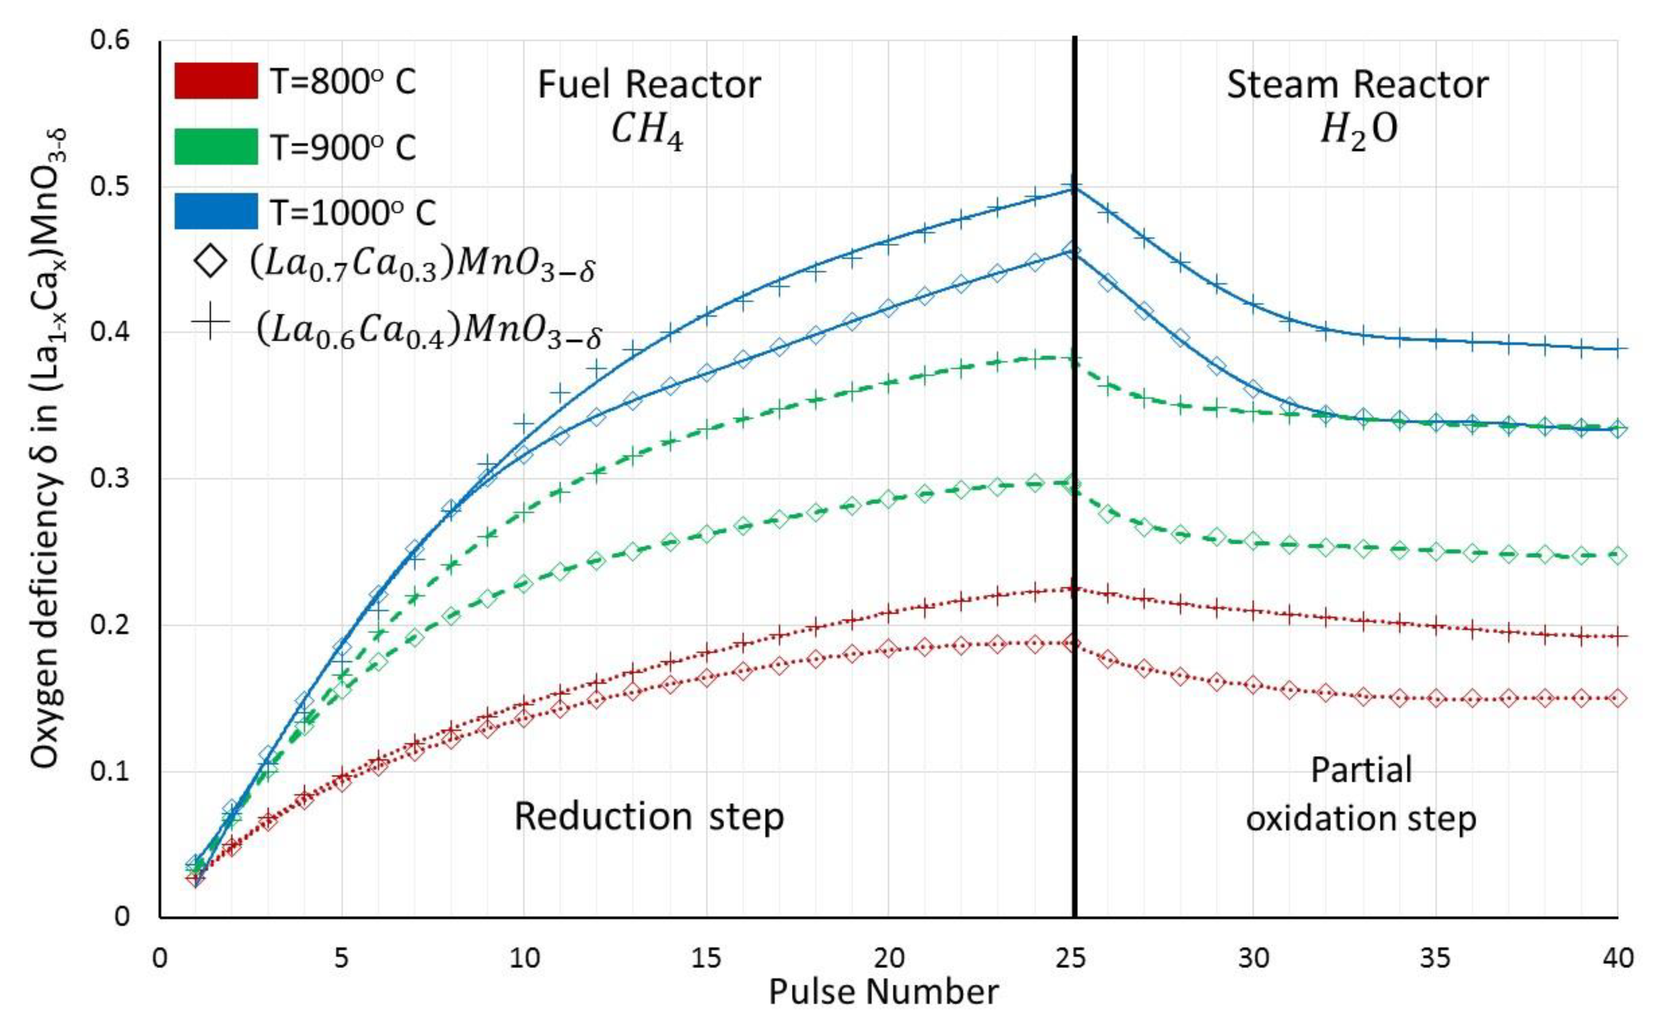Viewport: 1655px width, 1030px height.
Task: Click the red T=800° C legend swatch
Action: click(215, 81)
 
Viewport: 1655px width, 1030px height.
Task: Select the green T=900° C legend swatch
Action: click(215, 146)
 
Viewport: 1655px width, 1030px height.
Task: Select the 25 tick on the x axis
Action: click(1071, 958)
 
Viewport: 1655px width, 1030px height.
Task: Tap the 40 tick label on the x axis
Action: click(1618, 958)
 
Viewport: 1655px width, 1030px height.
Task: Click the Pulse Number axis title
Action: click(883, 993)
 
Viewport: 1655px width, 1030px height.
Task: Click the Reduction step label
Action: click(649, 816)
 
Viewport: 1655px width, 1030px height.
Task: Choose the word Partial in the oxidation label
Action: click(1361, 770)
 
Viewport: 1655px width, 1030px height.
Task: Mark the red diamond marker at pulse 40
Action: click(1618, 698)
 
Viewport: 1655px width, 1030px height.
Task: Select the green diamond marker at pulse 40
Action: click(1618, 555)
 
